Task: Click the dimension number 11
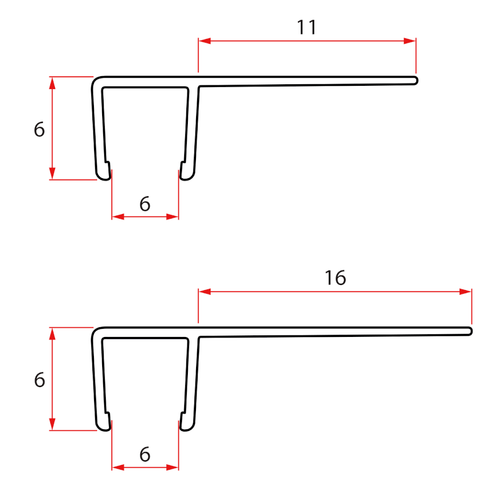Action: [307, 28]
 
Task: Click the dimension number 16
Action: [335, 278]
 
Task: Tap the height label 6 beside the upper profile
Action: [39, 129]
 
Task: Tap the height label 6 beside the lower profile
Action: [39, 380]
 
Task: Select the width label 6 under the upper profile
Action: [145, 204]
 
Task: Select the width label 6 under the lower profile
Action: [145, 455]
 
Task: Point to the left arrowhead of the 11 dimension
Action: [205, 41]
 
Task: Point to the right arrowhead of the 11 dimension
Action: [409, 41]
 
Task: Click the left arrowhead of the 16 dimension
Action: [205, 292]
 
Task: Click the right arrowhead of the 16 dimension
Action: [465, 292]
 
